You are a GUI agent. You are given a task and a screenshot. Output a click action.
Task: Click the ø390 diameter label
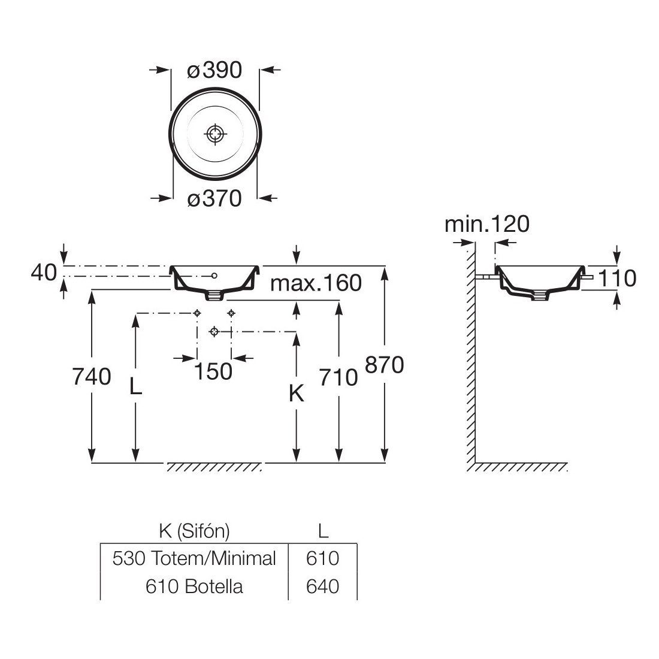point(214,71)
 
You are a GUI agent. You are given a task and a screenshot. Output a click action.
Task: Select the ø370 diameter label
point(214,198)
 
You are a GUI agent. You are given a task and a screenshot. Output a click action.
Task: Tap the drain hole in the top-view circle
point(214,134)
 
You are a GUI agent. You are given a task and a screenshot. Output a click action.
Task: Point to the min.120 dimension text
point(486,224)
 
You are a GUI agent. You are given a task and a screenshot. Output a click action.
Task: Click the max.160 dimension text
point(316,283)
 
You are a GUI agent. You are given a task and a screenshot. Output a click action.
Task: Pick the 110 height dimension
point(617,278)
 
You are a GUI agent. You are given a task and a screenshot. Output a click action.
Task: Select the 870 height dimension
point(384,364)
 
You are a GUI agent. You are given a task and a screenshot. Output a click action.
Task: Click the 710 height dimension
point(339,377)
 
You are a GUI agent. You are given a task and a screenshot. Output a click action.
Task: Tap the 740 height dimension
point(91,376)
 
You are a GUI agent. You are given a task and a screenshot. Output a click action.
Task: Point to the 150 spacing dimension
point(214,371)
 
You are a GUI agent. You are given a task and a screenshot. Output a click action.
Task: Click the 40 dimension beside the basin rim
point(43,273)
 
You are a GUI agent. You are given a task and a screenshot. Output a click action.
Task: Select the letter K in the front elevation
point(296,394)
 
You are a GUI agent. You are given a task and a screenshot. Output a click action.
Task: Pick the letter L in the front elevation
point(136,386)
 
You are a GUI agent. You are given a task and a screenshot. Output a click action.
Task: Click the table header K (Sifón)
point(194,530)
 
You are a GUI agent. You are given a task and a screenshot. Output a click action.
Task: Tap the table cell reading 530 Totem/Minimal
point(194,558)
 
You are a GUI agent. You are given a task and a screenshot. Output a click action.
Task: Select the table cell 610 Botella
point(194,586)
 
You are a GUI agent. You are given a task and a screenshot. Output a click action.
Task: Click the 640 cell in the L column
point(322,586)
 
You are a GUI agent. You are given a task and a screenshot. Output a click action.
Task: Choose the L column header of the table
point(322,530)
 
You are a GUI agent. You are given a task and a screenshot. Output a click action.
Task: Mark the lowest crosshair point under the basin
point(214,331)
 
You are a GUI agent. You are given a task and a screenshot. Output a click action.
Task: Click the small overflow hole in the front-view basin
point(214,275)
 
